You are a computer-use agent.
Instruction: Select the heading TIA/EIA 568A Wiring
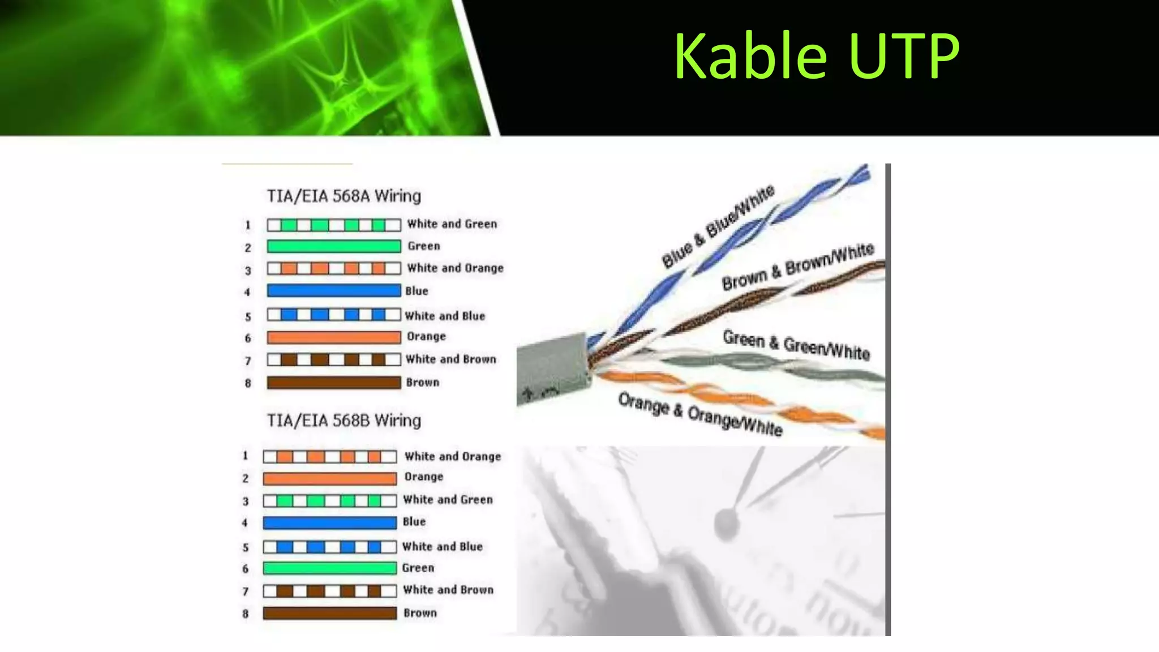click(344, 196)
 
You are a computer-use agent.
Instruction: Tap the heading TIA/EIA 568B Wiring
click(344, 421)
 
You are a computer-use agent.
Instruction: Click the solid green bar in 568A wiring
click(333, 246)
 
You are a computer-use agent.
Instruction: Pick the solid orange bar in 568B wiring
click(329, 479)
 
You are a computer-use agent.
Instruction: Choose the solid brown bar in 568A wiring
click(333, 383)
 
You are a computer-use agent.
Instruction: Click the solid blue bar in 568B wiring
click(329, 523)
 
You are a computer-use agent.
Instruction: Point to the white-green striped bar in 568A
click(333, 225)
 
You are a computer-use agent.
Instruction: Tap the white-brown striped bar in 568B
click(329, 591)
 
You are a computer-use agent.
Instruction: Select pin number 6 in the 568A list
click(248, 338)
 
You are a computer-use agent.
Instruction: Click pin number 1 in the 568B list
click(246, 456)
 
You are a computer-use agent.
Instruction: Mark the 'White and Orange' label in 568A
click(455, 268)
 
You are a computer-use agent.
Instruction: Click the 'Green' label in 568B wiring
click(418, 568)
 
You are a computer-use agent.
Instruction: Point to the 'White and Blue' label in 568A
click(445, 316)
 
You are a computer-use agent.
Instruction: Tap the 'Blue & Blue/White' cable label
click(718, 226)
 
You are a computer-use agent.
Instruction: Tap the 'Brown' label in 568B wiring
click(420, 613)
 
